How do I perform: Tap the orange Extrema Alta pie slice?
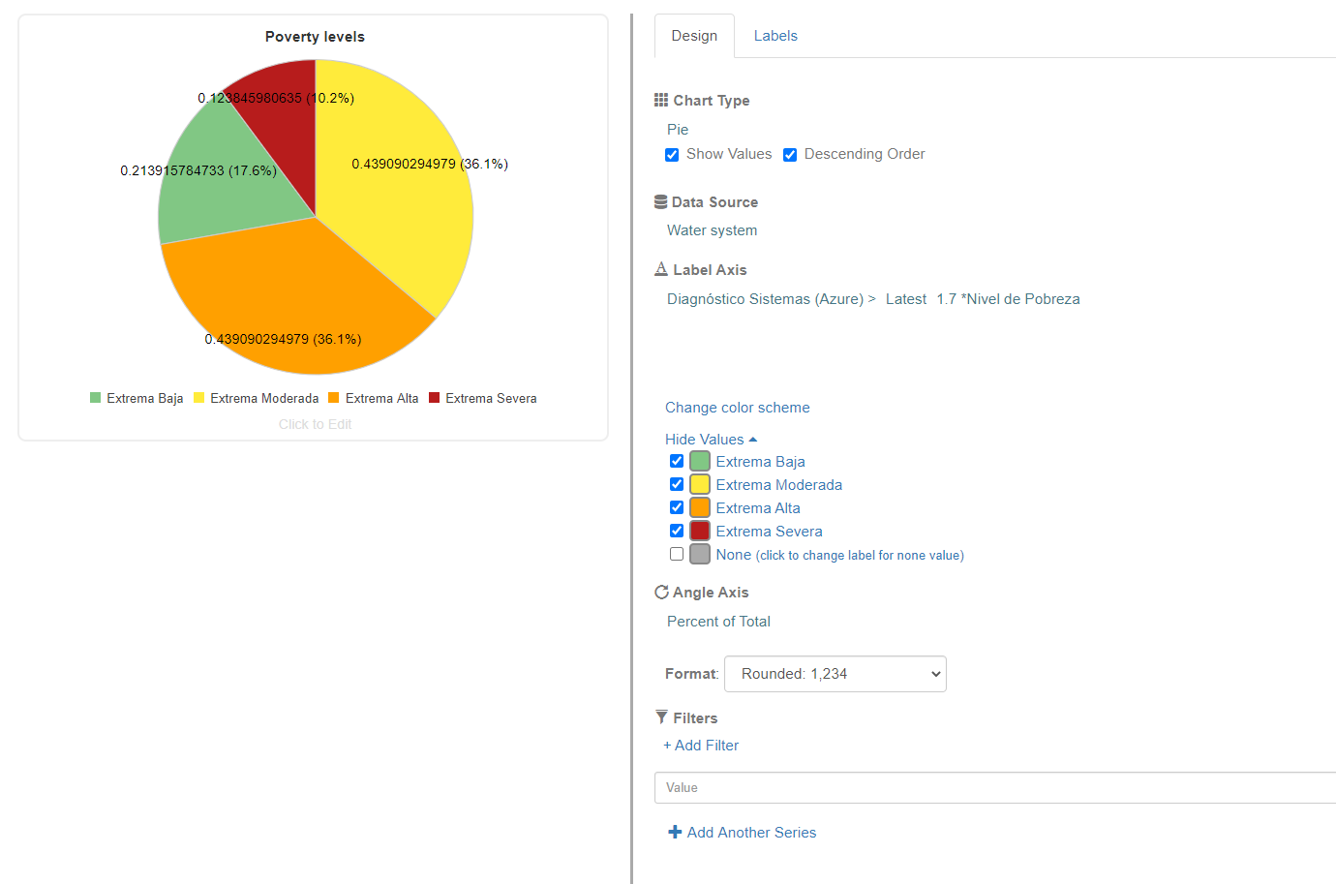point(290,290)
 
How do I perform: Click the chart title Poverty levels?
point(315,37)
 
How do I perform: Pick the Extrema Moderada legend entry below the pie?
point(257,398)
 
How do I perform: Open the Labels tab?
point(775,36)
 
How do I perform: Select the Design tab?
point(694,36)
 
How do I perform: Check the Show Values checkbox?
point(672,155)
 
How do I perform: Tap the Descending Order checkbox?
point(790,155)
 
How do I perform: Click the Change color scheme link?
point(737,408)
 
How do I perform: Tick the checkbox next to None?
point(677,555)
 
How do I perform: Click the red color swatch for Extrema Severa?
point(700,531)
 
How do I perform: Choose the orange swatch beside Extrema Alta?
point(700,507)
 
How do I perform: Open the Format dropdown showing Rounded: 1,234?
point(835,674)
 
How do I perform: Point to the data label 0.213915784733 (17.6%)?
point(198,170)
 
